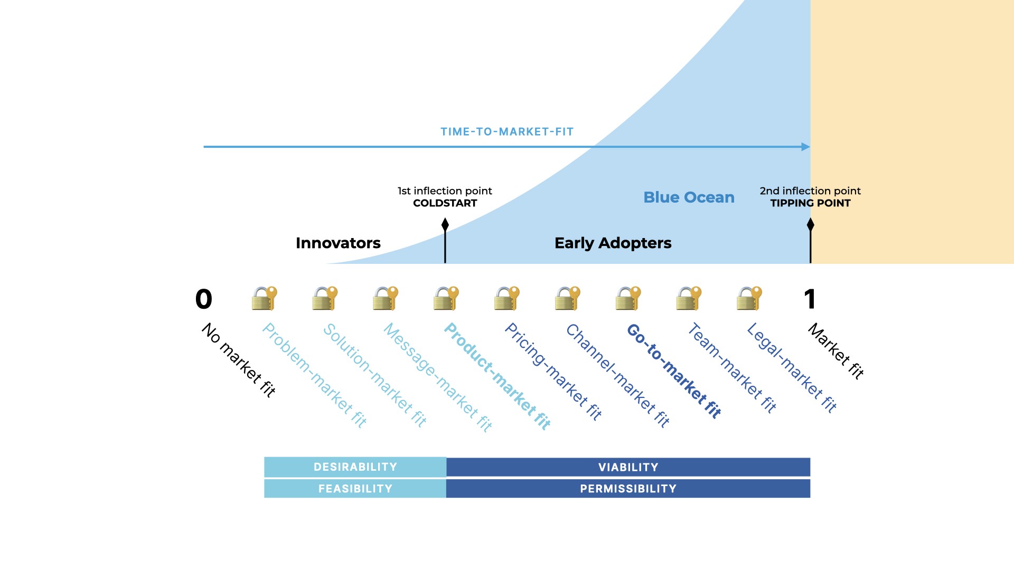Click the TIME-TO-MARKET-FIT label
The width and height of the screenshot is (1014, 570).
point(507,132)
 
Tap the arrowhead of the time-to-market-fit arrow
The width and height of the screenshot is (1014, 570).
point(806,147)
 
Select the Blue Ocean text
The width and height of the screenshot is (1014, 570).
point(689,197)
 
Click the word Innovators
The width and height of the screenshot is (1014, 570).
point(338,243)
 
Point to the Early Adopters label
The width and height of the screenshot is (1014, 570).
point(613,243)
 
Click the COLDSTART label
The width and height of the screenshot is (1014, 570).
point(445,203)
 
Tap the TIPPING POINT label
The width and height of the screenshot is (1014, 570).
point(810,203)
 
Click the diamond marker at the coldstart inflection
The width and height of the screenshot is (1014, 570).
point(445,225)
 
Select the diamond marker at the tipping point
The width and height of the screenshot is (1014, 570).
point(811,225)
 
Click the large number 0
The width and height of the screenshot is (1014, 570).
point(204,299)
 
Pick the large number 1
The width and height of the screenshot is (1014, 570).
point(810,299)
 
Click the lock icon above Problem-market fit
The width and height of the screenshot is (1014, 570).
point(264,298)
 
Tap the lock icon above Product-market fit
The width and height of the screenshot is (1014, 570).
point(446,298)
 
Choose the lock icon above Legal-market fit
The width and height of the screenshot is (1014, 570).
point(749,298)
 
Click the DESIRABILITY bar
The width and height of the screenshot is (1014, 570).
point(355,467)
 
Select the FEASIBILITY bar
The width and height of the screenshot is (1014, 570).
point(355,489)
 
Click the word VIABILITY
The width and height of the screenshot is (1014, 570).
point(628,467)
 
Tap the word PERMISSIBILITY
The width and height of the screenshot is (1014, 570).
point(628,489)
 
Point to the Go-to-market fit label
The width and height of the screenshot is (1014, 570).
point(674,371)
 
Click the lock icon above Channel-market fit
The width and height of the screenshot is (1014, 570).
point(567,298)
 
